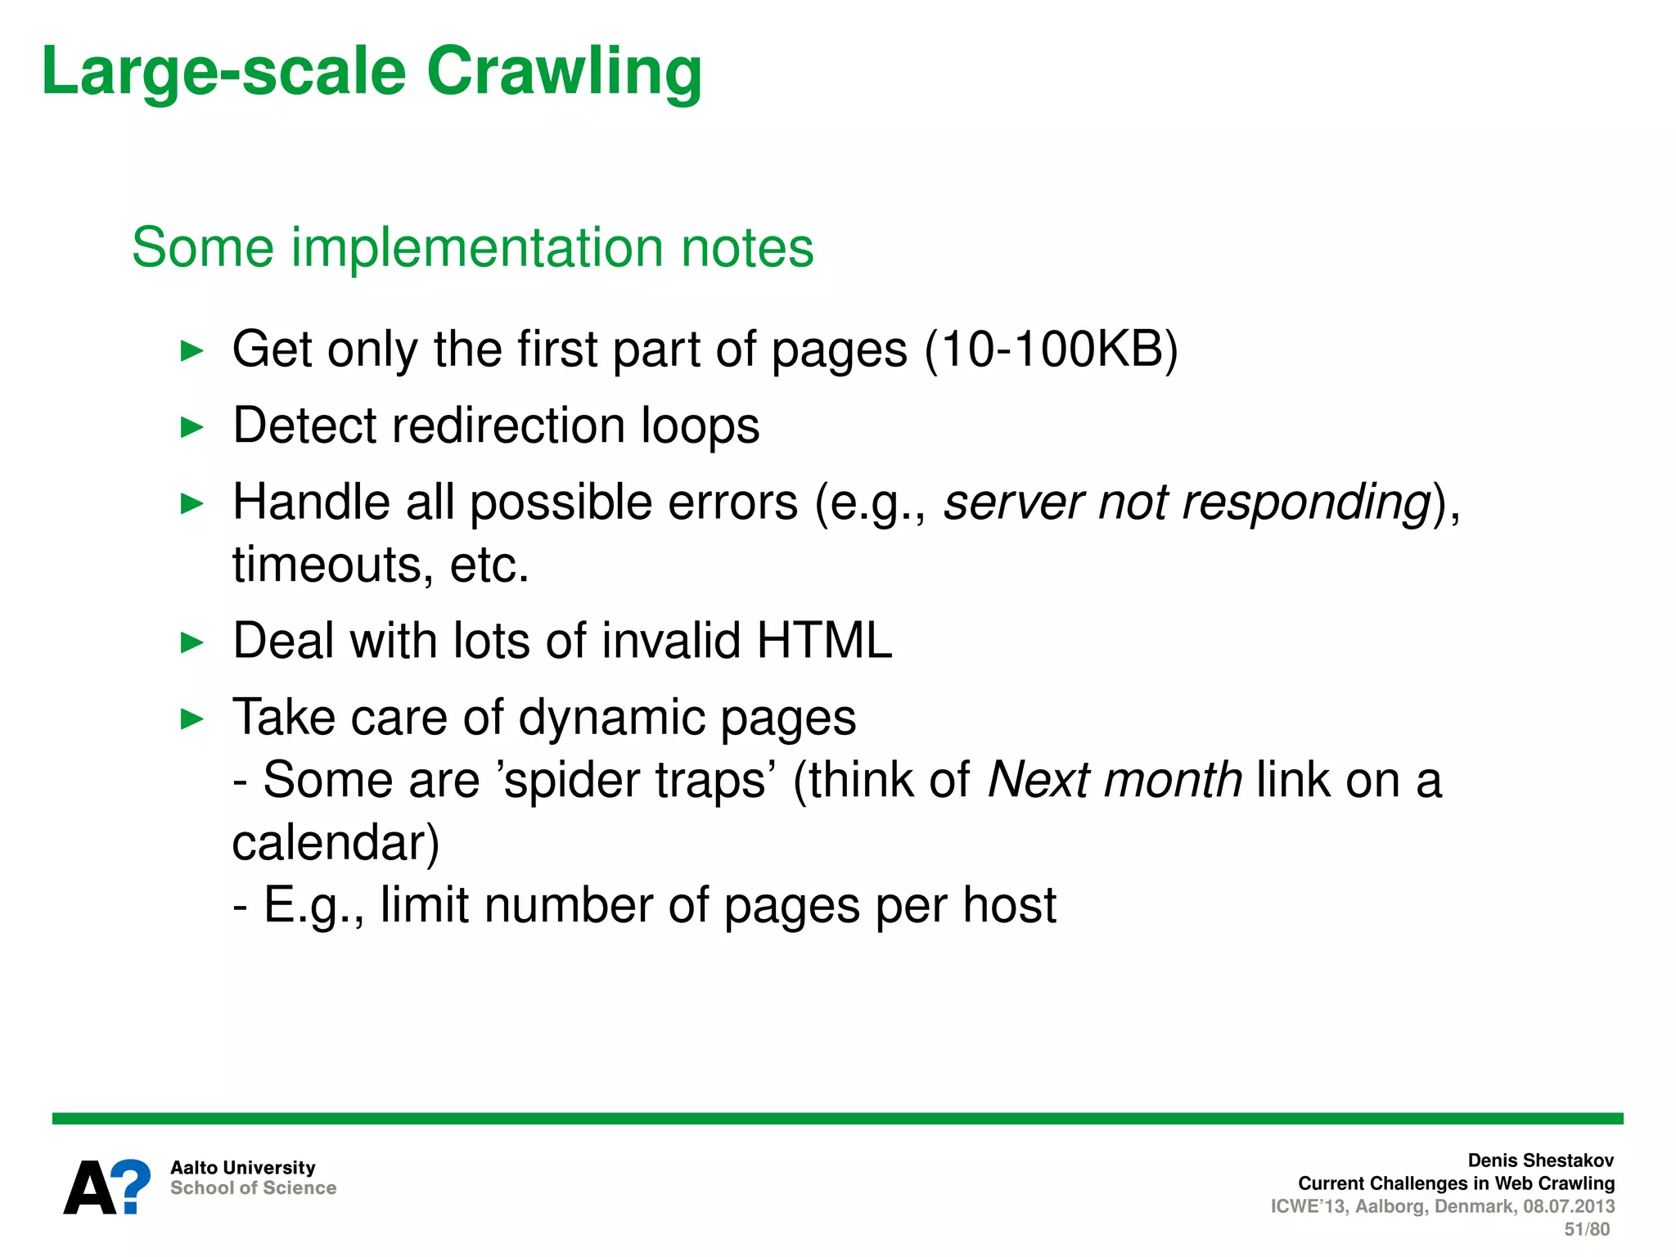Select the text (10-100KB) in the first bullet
pyautogui.click(x=1051, y=350)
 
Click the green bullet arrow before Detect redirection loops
pyautogui.click(x=191, y=427)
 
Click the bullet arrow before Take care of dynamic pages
pyautogui.click(x=191, y=719)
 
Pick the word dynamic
pyautogui.click(x=611, y=718)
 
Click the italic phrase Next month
pyautogui.click(x=1115, y=780)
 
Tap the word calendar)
pyautogui.click(x=336, y=843)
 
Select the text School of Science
pyautogui.click(x=253, y=1188)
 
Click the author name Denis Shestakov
pyautogui.click(x=1540, y=1160)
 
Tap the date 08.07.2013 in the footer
pyautogui.click(x=1569, y=1206)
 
